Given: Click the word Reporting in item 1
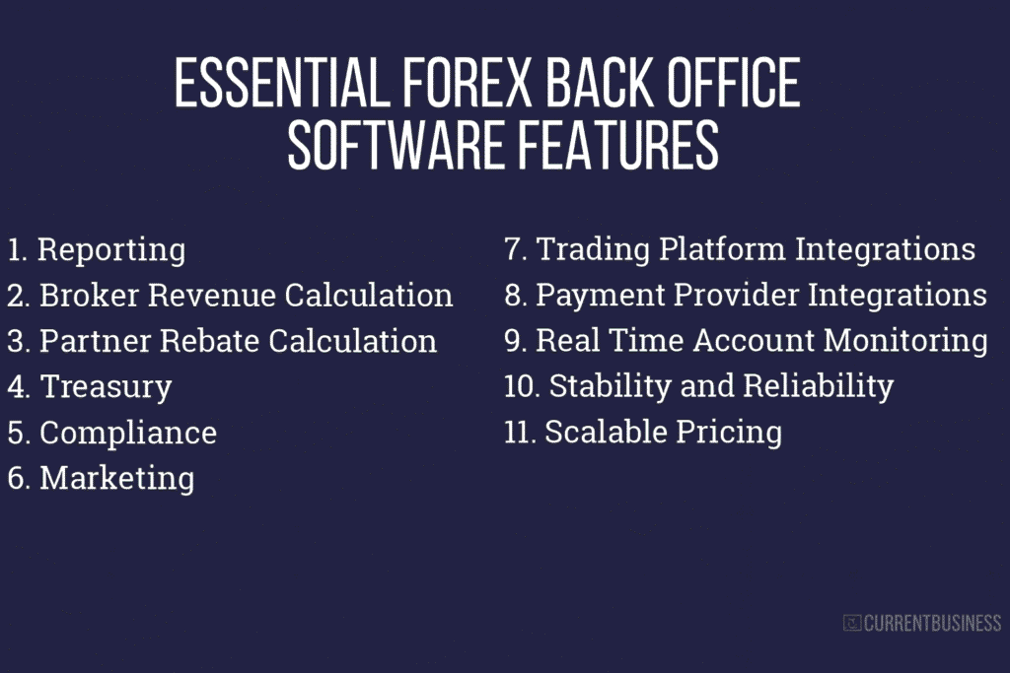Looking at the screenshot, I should [x=110, y=250].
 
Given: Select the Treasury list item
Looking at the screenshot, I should [x=106, y=387].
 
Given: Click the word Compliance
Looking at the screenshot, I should [x=127, y=433].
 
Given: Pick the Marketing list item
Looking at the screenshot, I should [x=116, y=478].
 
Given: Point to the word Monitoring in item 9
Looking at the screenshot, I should [x=905, y=340].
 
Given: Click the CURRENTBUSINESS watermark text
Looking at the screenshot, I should [x=932, y=623].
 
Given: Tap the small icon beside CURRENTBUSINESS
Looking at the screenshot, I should [x=852, y=623].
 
